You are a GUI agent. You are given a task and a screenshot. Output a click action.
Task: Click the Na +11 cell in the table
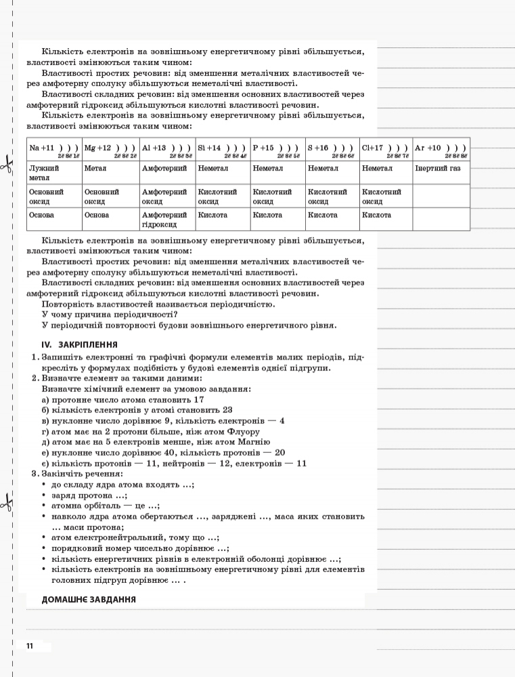pyautogui.click(x=54, y=149)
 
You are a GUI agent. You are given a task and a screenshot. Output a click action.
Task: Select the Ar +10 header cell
pyautogui.click(x=441, y=149)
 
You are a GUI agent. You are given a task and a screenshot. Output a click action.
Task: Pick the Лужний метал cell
pyautogui.click(x=54, y=173)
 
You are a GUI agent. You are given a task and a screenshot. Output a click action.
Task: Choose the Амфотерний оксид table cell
pyautogui.click(x=167, y=196)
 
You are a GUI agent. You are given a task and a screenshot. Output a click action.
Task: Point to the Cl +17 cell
pyautogui.click(x=385, y=149)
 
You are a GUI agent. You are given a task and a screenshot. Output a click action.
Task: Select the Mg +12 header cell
pyautogui.click(x=110, y=149)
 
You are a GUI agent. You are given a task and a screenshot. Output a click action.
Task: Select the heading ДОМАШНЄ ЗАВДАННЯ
pyautogui.click(x=88, y=599)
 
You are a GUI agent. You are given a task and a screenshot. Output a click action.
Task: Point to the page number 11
pyautogui.click(x=30, y=646)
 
